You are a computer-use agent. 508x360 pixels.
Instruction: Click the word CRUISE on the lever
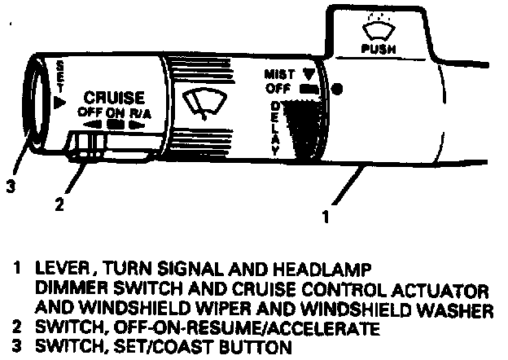click(x=114, y=97)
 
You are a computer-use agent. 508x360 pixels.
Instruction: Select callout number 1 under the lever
click(x=326, y=217)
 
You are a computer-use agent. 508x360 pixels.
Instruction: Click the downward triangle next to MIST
click(x=309, y=72)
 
